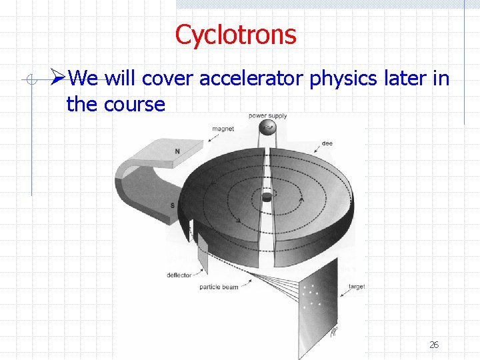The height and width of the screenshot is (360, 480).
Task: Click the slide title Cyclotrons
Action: pyautogui.click(x=235, y=35)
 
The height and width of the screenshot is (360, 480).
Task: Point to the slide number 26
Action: pyautogui.click(x=434, y=345)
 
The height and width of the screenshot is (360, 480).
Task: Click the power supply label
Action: pyautogui.click(x=267, y=116)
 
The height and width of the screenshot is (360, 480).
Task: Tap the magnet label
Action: pyautogui.click(x=223, y=129)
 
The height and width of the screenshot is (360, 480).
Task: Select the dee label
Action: pyautogui.click(x=327, y=143)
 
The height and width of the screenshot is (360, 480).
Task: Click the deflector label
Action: pyautogui.click(x=179, y=275)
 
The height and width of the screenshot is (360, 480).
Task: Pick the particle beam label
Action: pyautogui.click(x=218, y=287)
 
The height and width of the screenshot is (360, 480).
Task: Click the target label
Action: pyautogui.click(x=357, y=287)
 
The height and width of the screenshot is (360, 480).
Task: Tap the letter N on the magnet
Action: pyautogui.click(x=177, y=151)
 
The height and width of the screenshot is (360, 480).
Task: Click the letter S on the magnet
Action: pyautogui.click(x=173, y=205)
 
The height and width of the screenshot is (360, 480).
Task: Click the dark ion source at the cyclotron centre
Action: pyautogui.click(x=267, y=197)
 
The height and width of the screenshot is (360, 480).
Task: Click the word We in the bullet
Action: pyautogui.click(x=83, y=79)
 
